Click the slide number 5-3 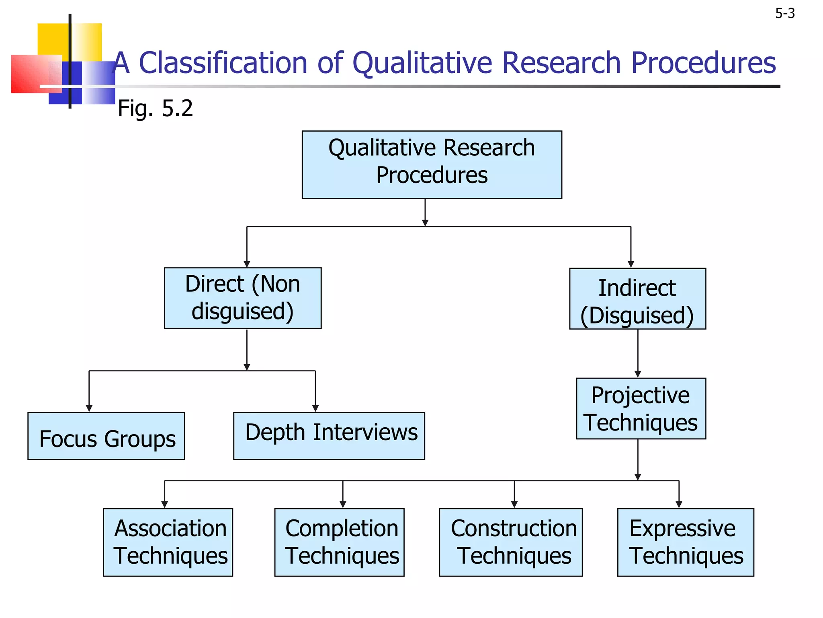pos(785,14)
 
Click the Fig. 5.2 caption pos(155,108)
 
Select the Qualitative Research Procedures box pos(432,165)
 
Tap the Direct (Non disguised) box pos(243,298)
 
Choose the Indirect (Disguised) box pos(637,299)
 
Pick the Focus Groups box pos(106,436)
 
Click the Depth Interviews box pos(329,436)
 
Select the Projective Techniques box pos(641,409)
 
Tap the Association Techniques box pos(168,542)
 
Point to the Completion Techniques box pos(339,542)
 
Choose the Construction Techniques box pos(511,542)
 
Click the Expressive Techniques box pos(686,542)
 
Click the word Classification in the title pos(223,63)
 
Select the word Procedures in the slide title pos(703,63)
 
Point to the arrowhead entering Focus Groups pos(89,408)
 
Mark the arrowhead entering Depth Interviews pos(315,408)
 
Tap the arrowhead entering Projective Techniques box pos(638,374)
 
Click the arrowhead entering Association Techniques pos(164,505)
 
